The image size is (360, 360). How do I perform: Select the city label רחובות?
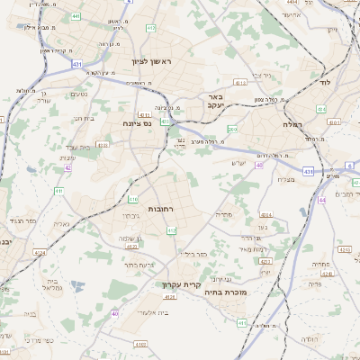point(160,209)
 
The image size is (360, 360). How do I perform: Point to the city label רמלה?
point(292,123)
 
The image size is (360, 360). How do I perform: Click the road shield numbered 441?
point(76,16)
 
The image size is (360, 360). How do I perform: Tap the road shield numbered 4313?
point(240,82)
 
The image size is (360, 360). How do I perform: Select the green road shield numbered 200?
point(232,130)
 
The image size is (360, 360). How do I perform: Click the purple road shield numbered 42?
point(67,167)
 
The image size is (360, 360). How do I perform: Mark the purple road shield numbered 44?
point(322,200)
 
